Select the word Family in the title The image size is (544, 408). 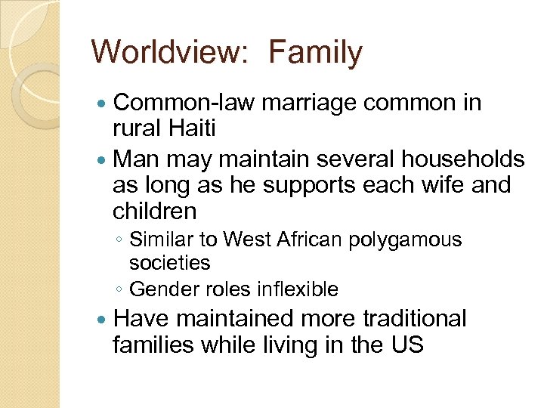[316, 53]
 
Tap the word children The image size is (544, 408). [154, 211]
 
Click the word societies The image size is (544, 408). [169, 263]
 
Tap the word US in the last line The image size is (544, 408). [406, 345]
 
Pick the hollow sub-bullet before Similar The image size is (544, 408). [119, 241]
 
